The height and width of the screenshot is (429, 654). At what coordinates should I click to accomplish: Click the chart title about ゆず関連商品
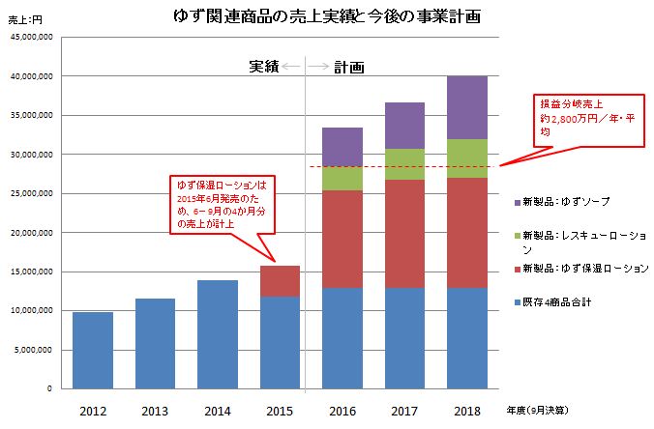pyautogui.click(x=327, y=17)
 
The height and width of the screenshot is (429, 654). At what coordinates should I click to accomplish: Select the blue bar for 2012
pyautogui.click(x=93, y=350)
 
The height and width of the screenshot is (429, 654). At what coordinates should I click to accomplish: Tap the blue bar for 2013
pyautogui.click(x=155, y=343)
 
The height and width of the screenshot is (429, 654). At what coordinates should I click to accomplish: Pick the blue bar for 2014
pyautogui.click(x=217, y=334)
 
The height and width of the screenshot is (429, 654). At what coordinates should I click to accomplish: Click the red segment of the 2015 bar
pyautogui.click(x=280, y=280)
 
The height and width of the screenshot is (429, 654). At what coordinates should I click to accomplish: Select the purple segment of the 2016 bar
pyautogui.click(x=342, y=146)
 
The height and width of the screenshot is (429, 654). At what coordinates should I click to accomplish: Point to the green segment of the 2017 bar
pyautogui.click(x=404, y=164)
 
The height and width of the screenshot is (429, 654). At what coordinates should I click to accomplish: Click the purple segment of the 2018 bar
pyautogui.click(x=466, y=107)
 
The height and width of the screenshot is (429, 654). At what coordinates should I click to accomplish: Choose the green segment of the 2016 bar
pyautogui.click(x=342, y=178)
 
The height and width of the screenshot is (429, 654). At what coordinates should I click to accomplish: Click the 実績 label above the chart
pyautogui.click(x=263, y=67)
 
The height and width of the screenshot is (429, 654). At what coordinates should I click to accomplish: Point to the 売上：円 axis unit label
pyautogui.click(x=24, y=19)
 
